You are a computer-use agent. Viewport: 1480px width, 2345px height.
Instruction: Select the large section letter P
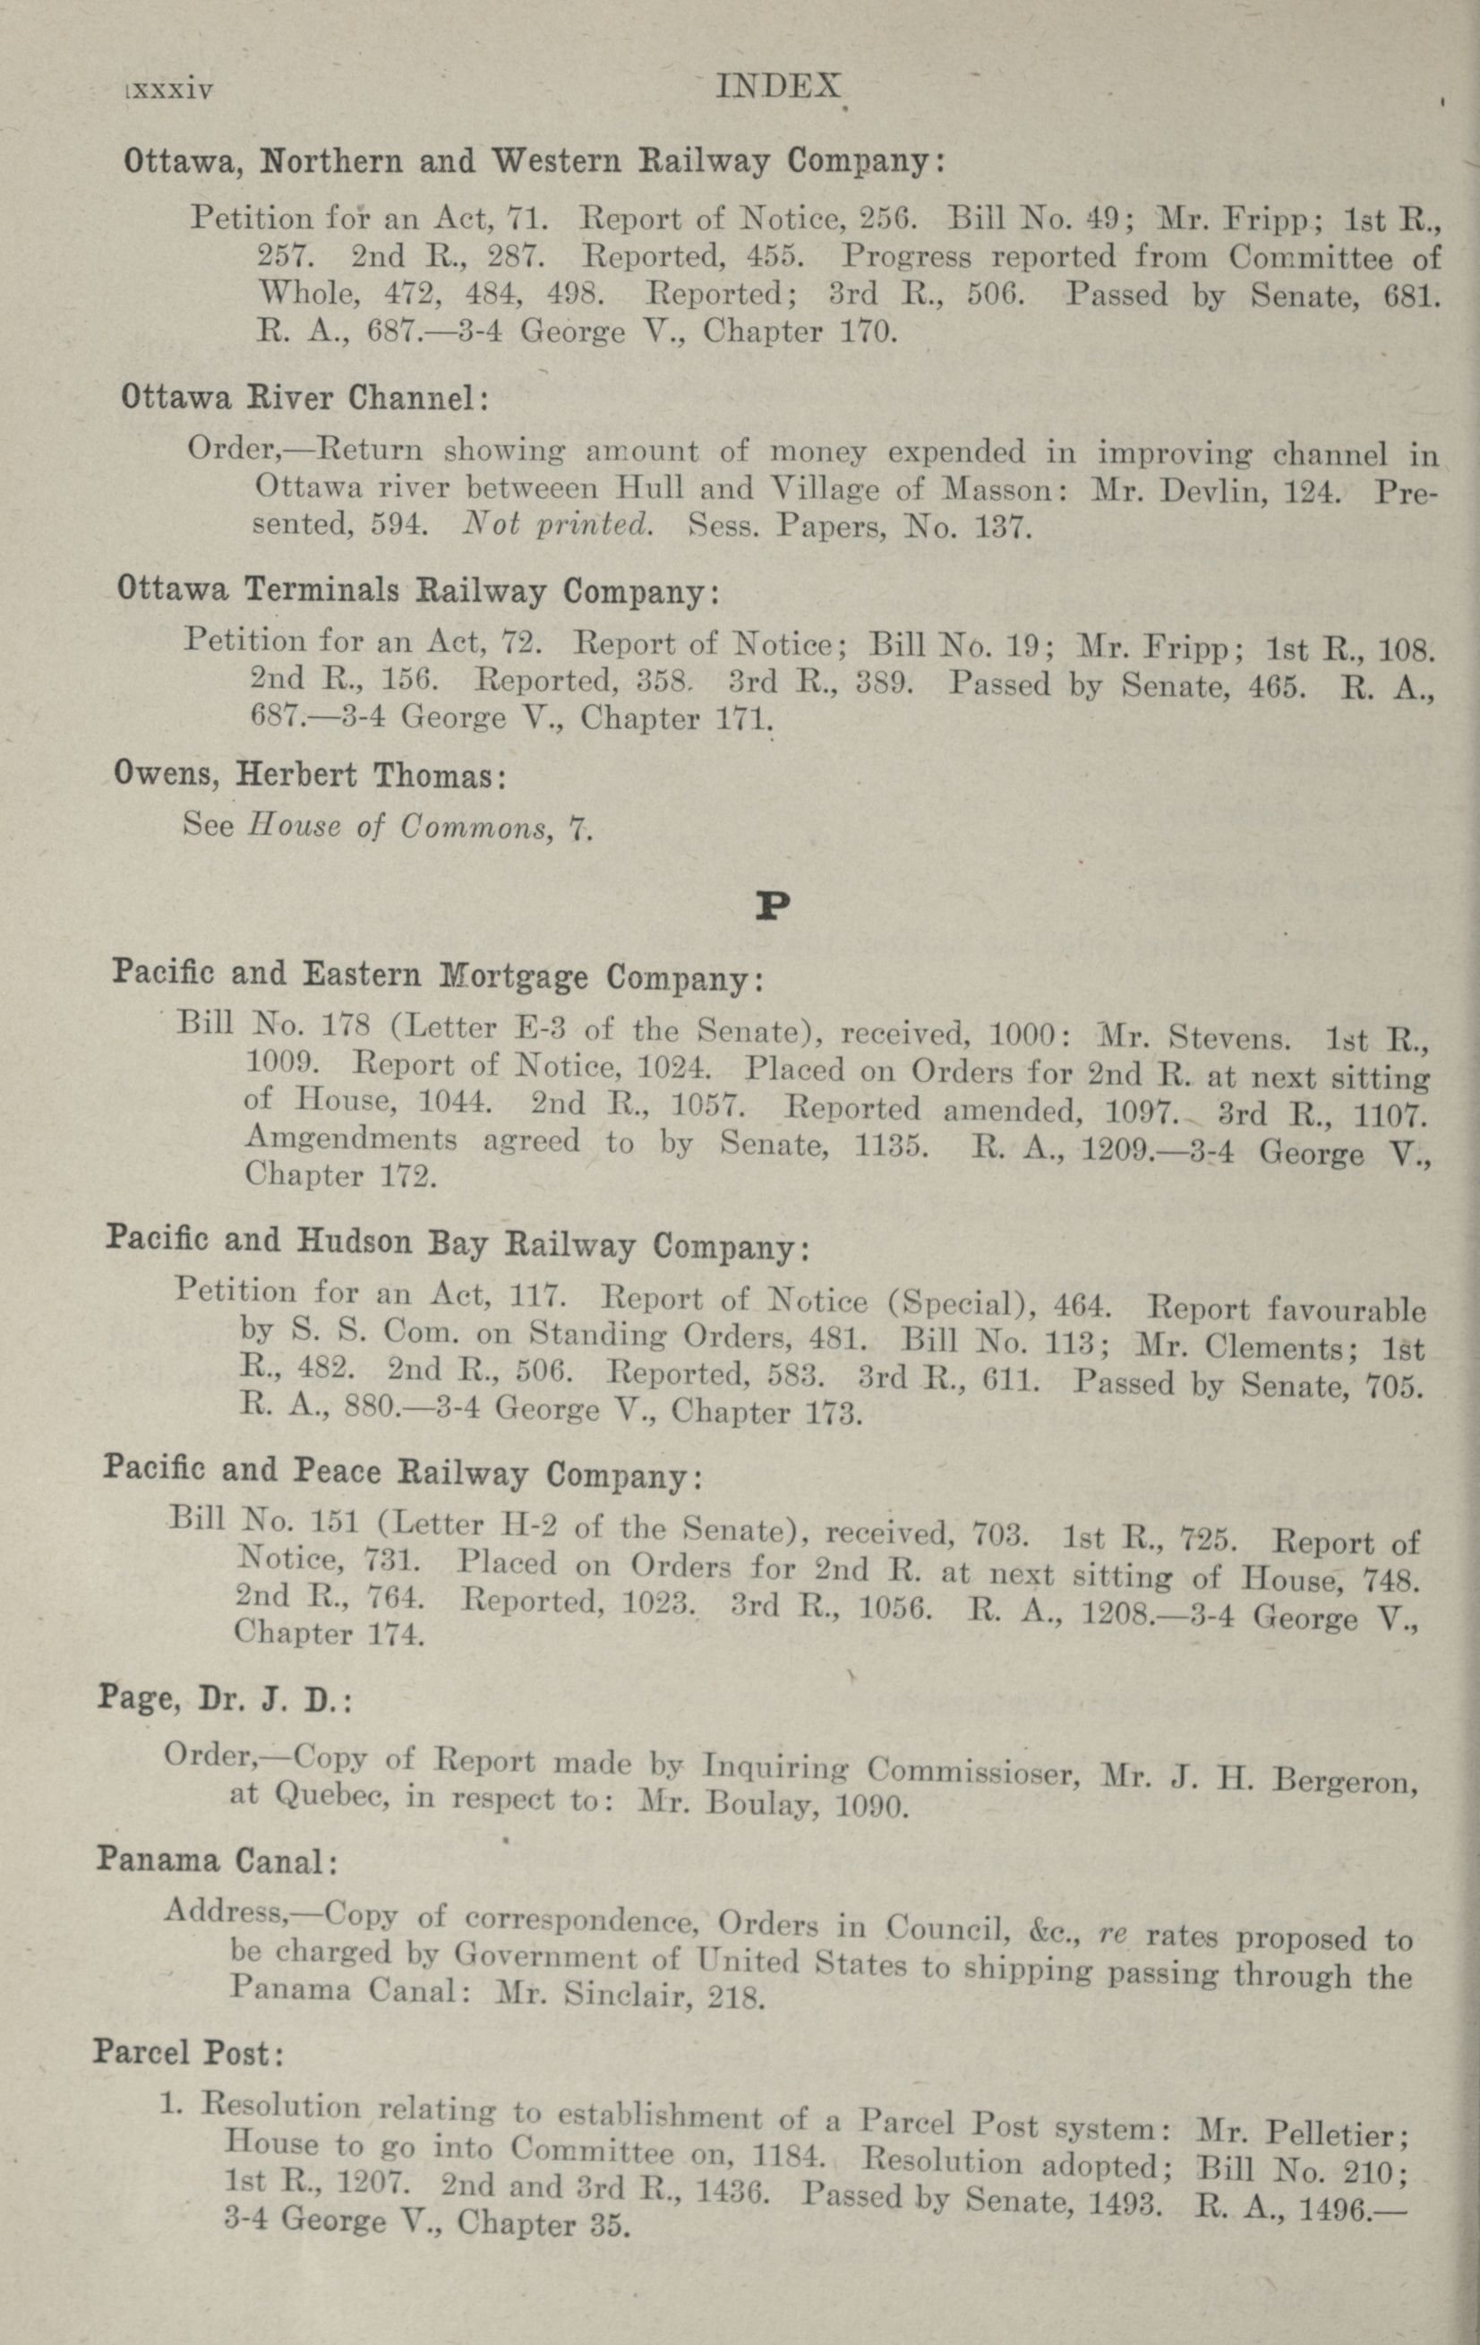click(x=772, y=907)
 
